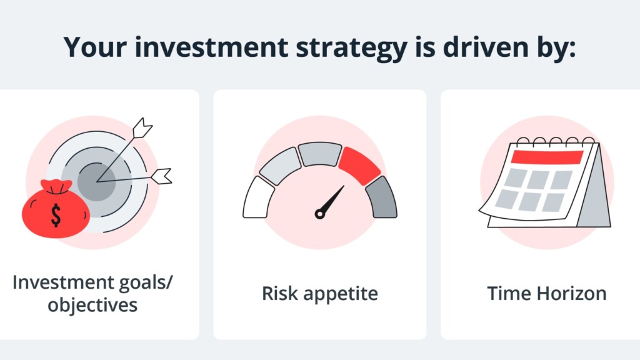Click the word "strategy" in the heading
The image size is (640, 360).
pos(351,49)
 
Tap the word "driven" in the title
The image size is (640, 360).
pos(486,46)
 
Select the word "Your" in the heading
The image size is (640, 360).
pos(95,47)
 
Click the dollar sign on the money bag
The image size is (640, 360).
pos(56,215)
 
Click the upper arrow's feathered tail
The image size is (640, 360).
pos(142,127)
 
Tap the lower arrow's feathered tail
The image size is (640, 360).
pos(162,176)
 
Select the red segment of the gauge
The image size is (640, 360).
pos(359,164)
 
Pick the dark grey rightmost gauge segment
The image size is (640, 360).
pos(382,197)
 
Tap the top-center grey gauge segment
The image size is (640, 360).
pos(320,154)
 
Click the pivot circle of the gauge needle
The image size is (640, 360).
pos(320,214)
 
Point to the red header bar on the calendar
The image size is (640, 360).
pos(547,157)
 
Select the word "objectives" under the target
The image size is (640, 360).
pos(92,305)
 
